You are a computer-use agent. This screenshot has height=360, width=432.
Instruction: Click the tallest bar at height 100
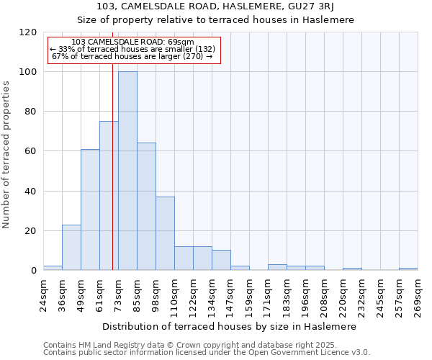tap(127, 171)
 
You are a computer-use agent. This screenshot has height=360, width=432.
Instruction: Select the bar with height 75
tap(109, 195)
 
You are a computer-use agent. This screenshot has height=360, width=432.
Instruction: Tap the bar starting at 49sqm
tap(90, 210)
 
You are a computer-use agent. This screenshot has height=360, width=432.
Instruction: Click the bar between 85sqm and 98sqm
tap(146, 206)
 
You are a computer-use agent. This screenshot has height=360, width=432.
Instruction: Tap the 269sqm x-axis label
tap(418, 294)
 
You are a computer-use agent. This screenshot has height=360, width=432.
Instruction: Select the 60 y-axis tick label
tap(31, 151)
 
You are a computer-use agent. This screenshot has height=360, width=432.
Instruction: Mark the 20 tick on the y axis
tap(31, 231)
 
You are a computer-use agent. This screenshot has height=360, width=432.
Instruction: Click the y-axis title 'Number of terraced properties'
tap(7, 155)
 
